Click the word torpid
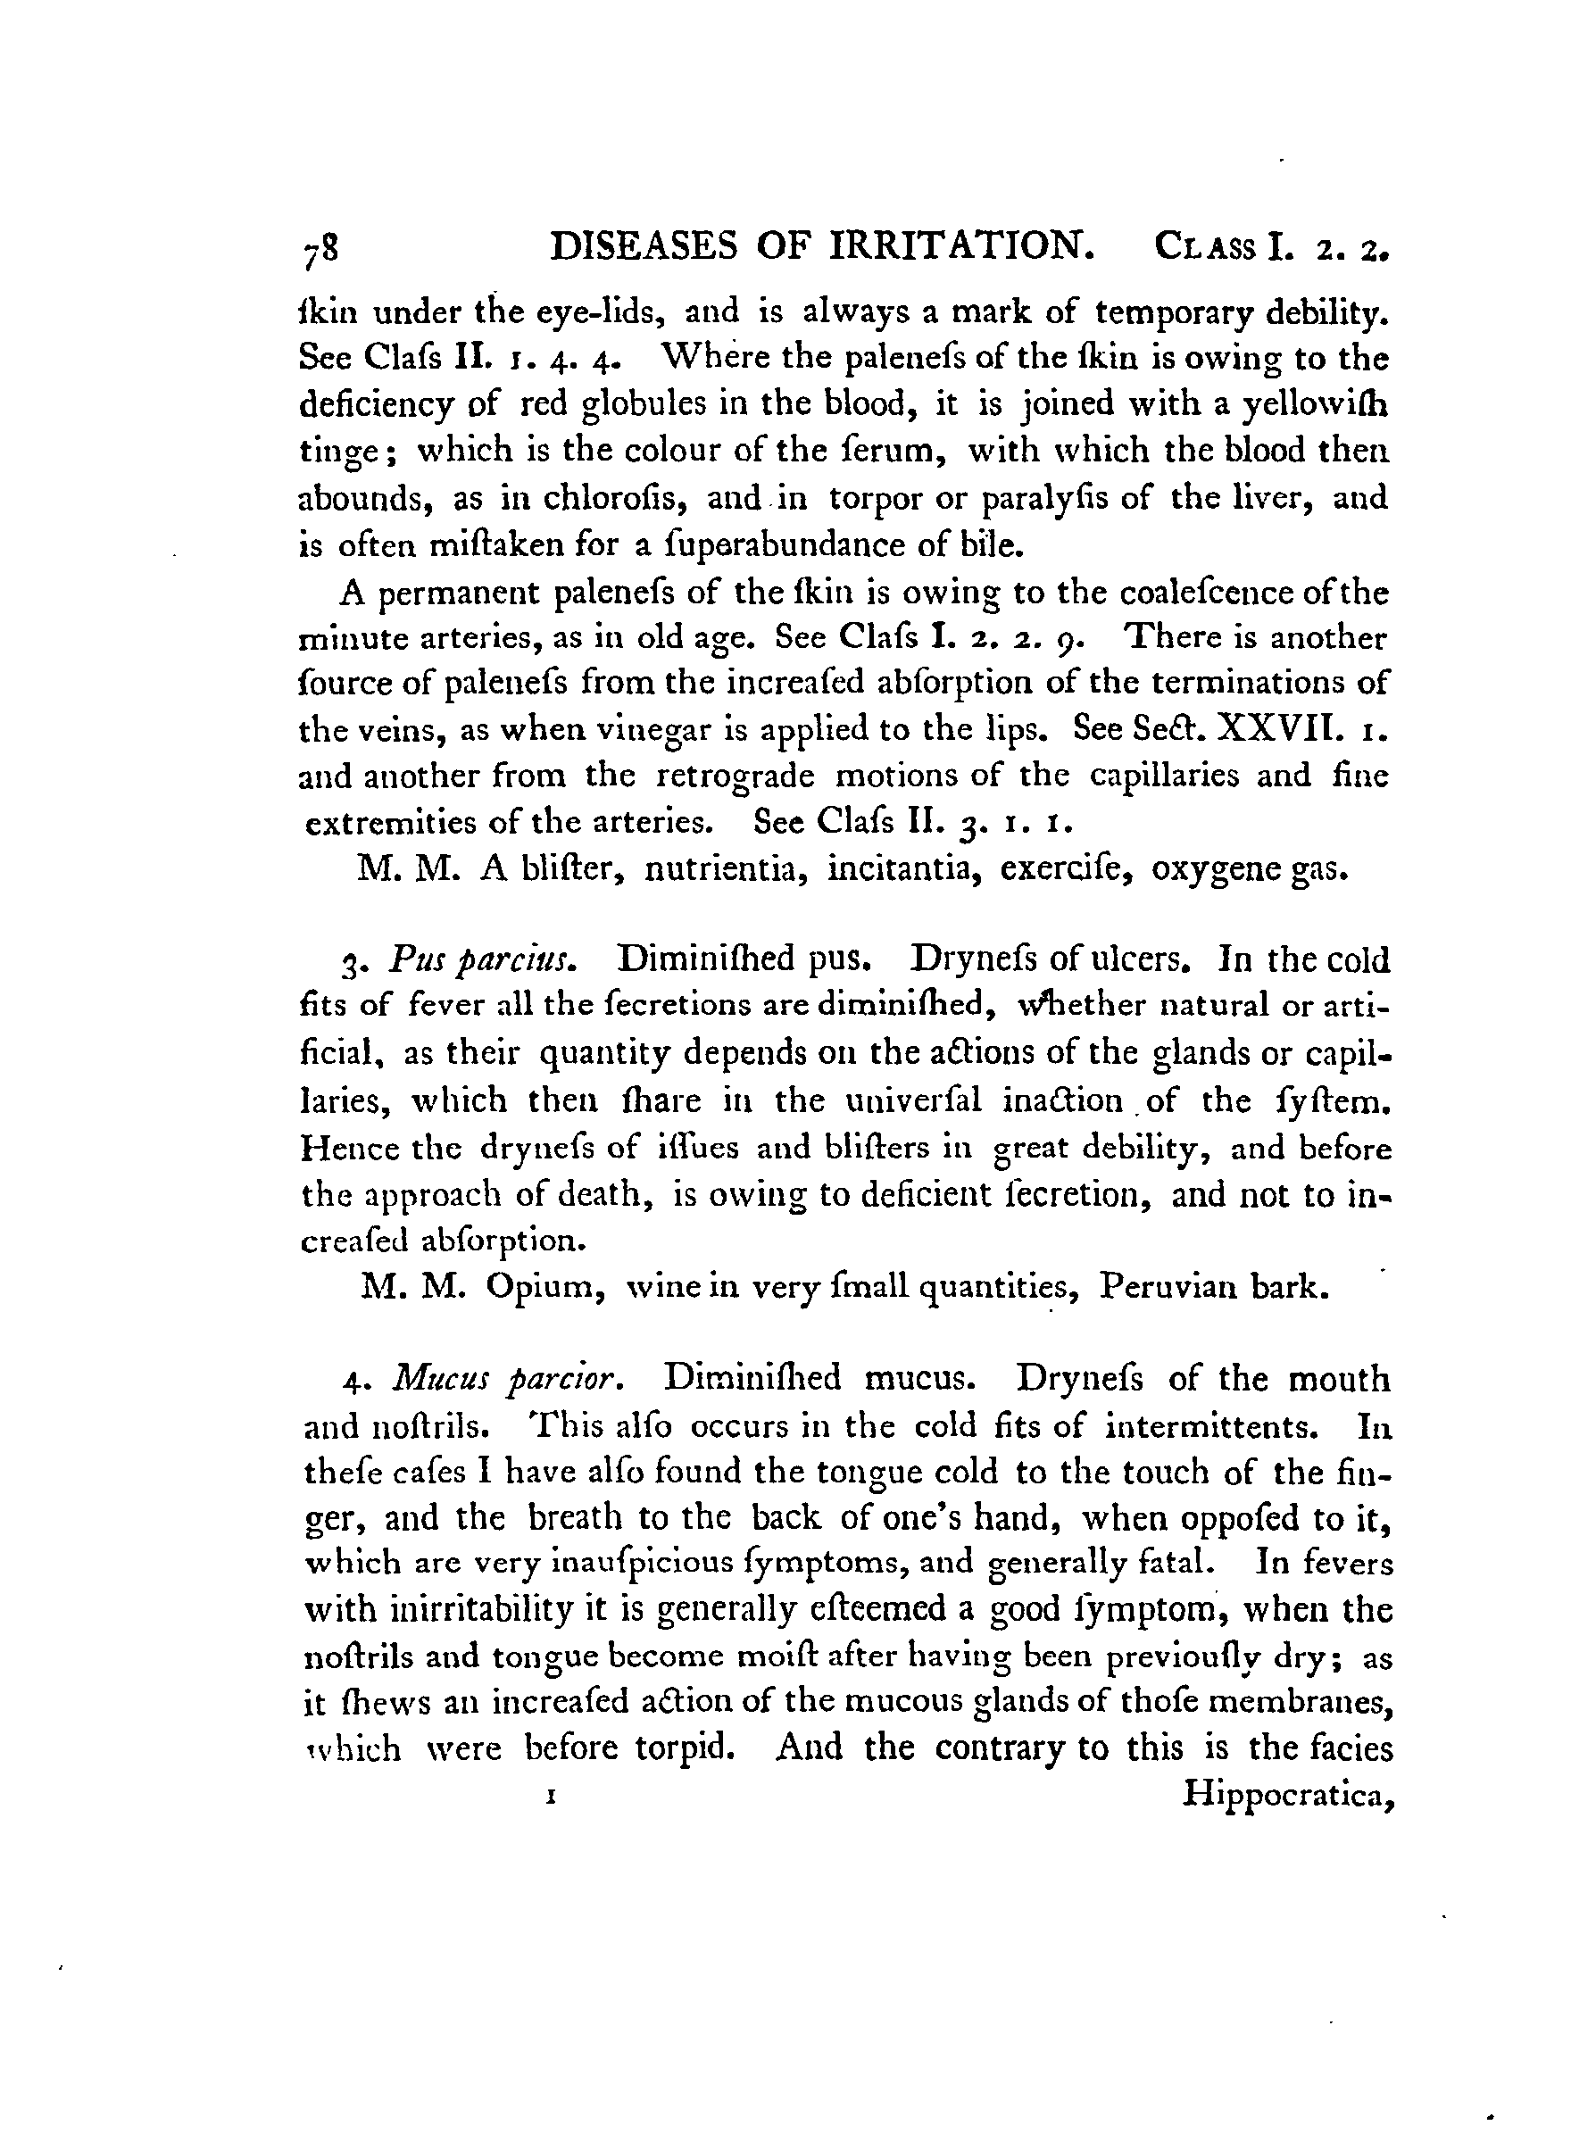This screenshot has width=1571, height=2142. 706,1748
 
